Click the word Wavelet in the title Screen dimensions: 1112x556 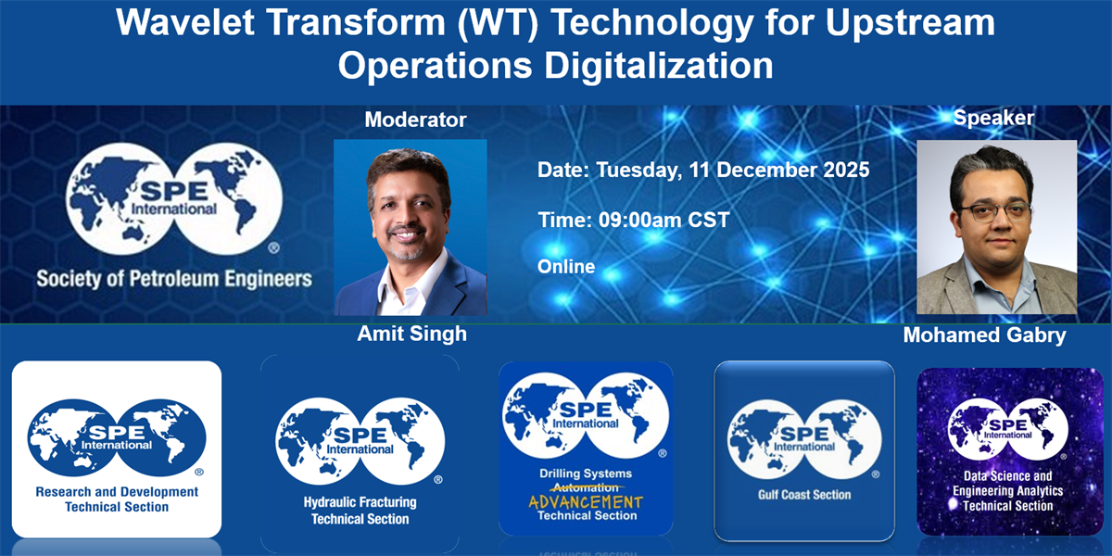185,22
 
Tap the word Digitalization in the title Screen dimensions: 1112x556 659,66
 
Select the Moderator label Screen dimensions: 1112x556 415,120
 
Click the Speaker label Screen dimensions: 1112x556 993,118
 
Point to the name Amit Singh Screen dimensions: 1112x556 412,334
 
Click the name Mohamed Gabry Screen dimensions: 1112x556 984,335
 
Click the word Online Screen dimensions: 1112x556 566,267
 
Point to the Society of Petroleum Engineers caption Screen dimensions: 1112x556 174,279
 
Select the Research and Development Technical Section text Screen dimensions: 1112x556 117,499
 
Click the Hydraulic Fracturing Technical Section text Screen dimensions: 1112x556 360,511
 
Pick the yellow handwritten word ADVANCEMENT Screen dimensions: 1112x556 586,502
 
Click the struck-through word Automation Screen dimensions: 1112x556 586,488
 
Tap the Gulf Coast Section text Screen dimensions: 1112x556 804,495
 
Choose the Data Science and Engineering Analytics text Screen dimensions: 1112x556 1008,484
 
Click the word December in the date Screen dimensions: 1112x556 766,170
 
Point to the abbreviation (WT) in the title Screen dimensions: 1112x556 498,22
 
